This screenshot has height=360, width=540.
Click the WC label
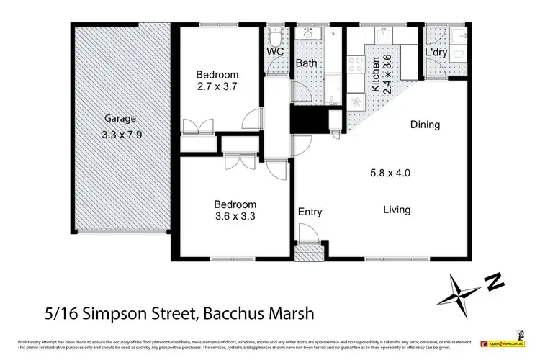pyautogui.click(x=275, y=53)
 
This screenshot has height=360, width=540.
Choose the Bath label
pyautogui.click(x=307, y=64)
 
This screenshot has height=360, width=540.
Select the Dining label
pyautogui.click(x=425, y=125)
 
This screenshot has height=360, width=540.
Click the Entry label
pyautogui.click(x=310, y=212)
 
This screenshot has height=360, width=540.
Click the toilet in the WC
pyautogui.click(x=274, y=36)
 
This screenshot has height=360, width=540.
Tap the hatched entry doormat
pyautogui.click(x=310, y=252)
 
